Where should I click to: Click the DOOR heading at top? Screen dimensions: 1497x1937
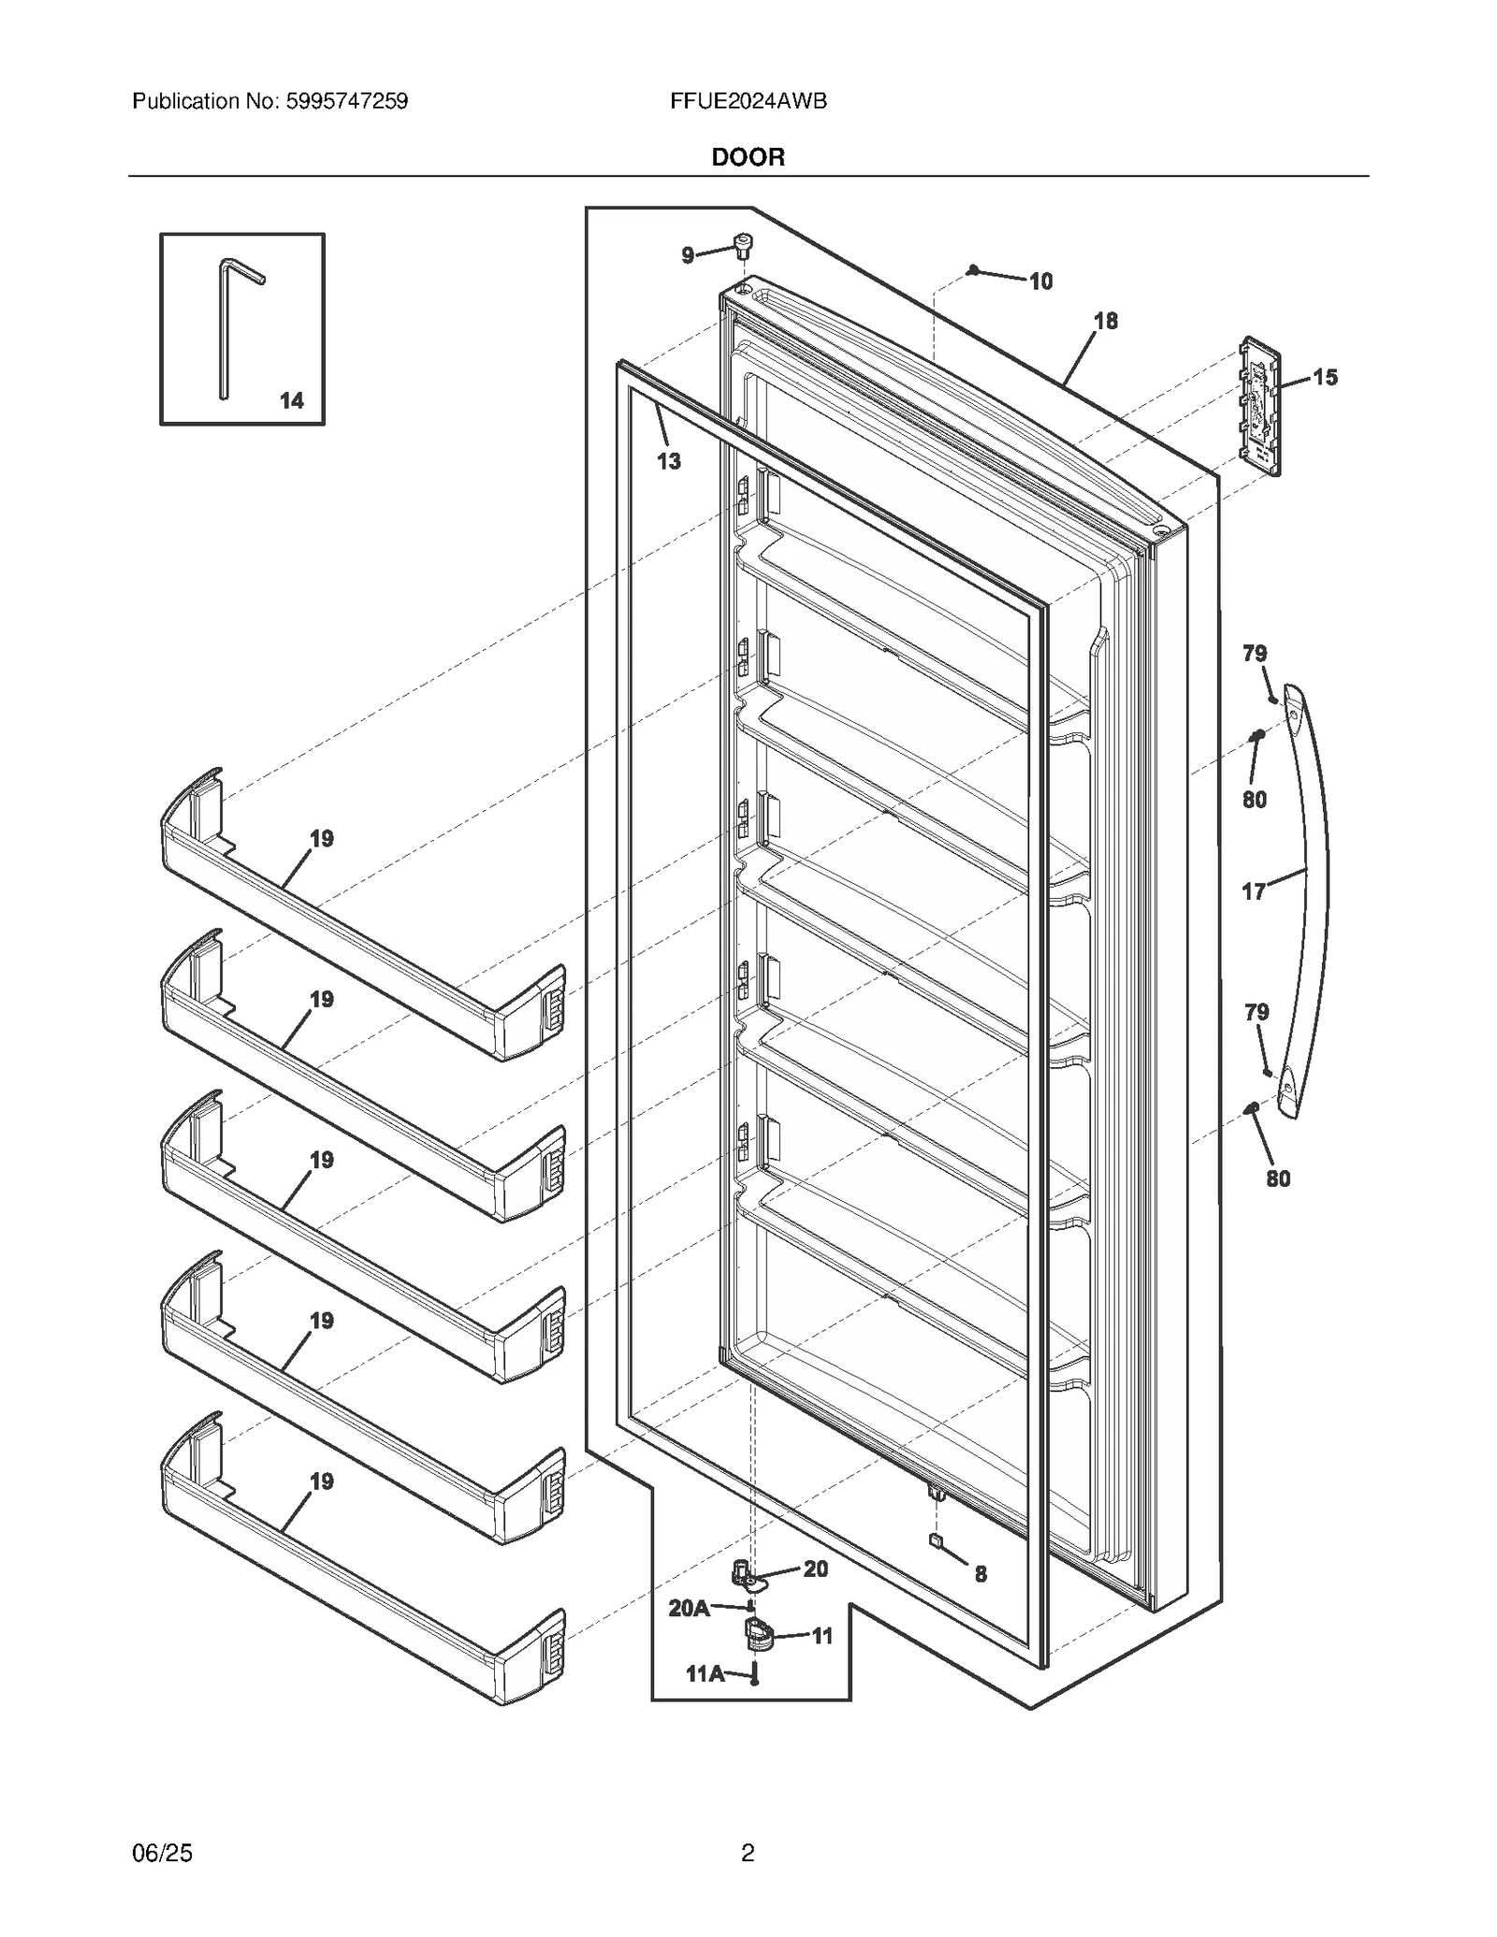748,157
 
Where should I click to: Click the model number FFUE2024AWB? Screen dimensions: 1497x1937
748,101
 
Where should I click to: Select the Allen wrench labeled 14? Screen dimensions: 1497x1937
225,327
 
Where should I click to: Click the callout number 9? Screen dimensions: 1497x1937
688,255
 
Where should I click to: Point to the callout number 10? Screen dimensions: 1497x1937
1040,282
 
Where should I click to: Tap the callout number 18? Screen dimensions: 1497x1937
1105,321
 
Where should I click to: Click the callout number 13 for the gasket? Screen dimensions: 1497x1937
668,460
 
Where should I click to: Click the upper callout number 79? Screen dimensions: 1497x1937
1255,653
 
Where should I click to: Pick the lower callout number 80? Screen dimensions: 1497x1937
1277,1178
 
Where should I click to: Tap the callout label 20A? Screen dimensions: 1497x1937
689,1608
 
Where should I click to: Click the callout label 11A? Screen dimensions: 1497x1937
705,1673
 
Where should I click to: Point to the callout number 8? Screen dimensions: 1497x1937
980,1574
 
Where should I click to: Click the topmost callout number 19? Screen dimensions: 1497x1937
321,839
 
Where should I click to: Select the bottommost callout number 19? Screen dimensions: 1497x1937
321,1482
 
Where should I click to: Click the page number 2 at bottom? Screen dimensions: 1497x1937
748,1853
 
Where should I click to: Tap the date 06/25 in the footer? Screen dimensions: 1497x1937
163,1853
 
